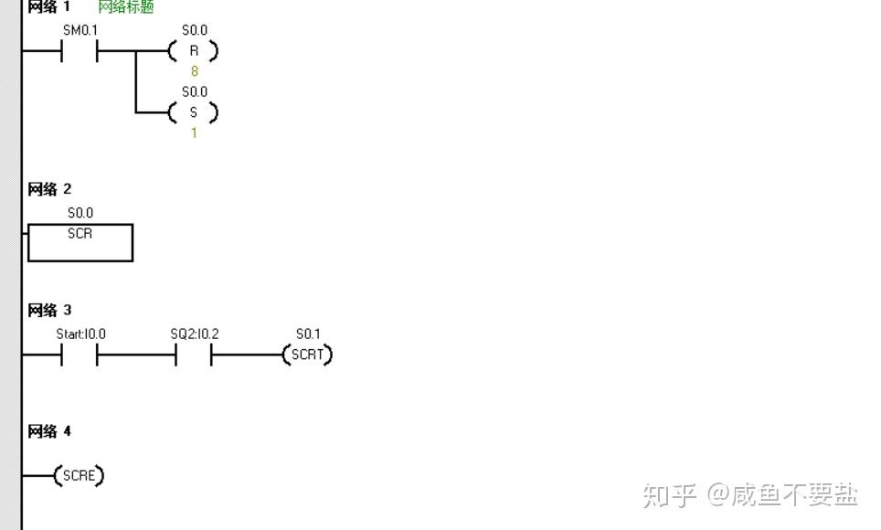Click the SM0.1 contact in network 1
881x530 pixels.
pyautogui.click(x=80, y=51)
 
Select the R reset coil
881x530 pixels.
pyautogui.click(x=194, y=51)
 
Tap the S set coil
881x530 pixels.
pyautogui.click(x=194, y=112)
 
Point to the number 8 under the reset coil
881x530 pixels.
pyautogui.click(x=194, y=70)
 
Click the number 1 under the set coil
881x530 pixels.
pyautogui.click(x=194, y=132)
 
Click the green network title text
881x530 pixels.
pyautogui.click(x=126, y=7)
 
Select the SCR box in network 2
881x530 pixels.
pyautogui.click(x=80, y=242)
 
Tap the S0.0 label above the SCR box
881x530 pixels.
pyautogui.click(x=80, y=213)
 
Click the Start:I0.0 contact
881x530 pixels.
pyautogui.click(x=80, y=355)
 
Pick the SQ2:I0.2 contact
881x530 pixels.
pyautogui.click(x=194, y=355)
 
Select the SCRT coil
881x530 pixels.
pyautogui.click(x=308, y=355)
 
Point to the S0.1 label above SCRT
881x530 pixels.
pyautogui.click(x=308, y=334)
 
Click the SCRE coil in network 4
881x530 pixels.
pyautogui.click(x=80, y=475)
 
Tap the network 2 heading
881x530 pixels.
pyautogui.click(x=49, y=189)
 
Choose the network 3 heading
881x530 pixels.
pyautogui.click(x=49, y=311)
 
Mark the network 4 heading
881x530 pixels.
pyautogui.click(x=49, y=431)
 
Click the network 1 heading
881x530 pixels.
pyautogui.click(x=49, y=7)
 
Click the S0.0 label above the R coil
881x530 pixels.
pyautogui.click(x=194, y=30)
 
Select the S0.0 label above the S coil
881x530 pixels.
pyautogui.click(x=194, y=91)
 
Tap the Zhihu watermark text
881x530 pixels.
pyautogui.click(x=750, y=495)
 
